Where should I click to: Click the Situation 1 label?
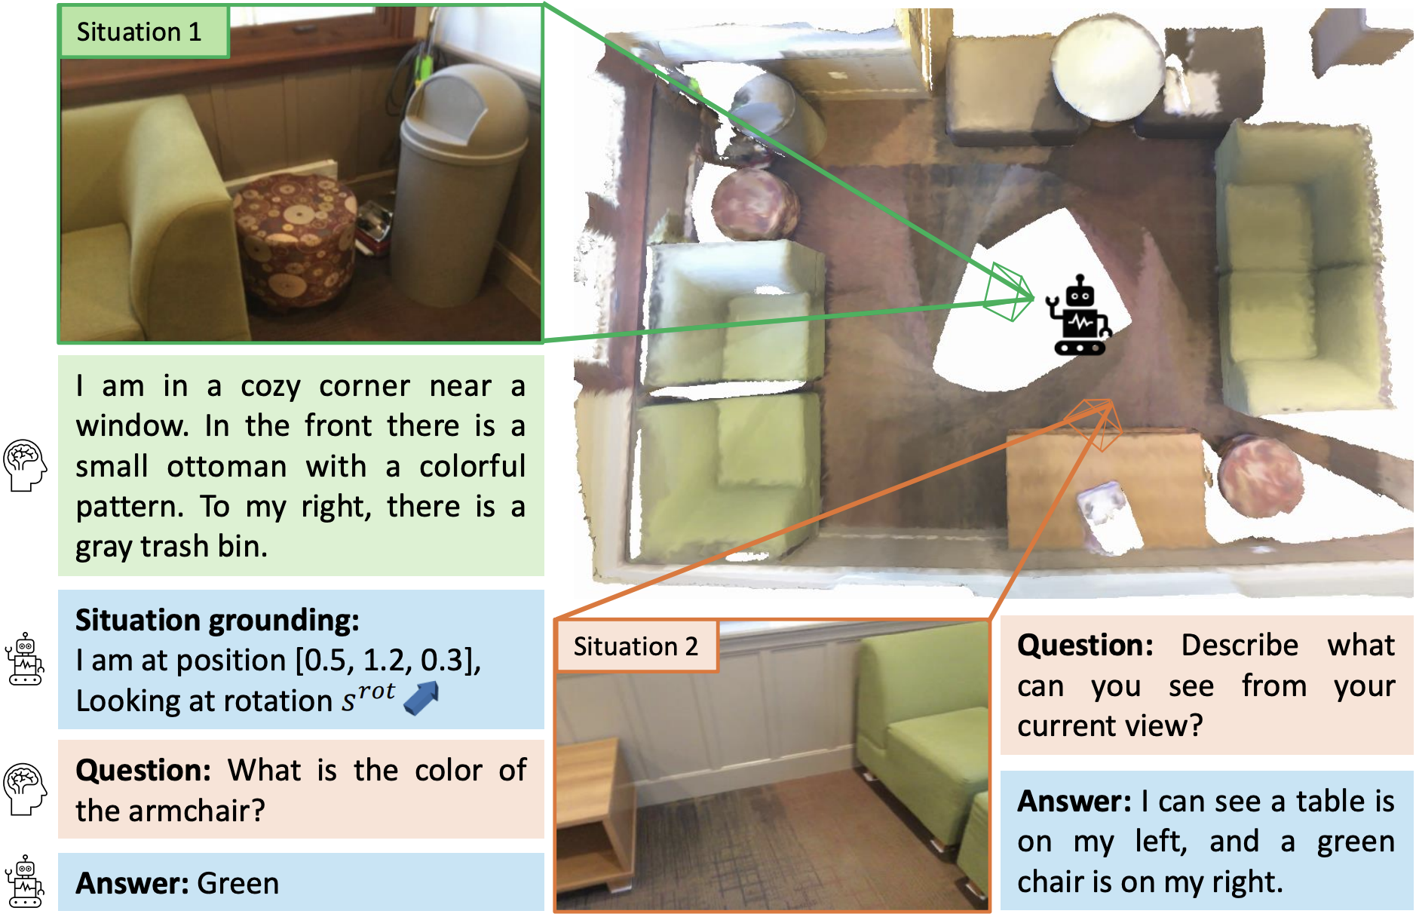click(x=139, y=32)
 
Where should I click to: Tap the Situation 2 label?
click(x=636, y=646)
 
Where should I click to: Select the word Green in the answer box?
click(x=238, y=883)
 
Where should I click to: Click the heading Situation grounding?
click(x=217, y=620)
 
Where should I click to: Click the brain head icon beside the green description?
click(x=25, y=465)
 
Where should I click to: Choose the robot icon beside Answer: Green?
click(x=25, y=882)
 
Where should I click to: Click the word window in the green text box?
click(x=131, y=426)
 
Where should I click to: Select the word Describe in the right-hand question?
click(x=1240, y=646)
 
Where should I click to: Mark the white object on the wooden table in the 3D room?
click(x=1109, y=517)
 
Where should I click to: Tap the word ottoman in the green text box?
click(x=226, y=467)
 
